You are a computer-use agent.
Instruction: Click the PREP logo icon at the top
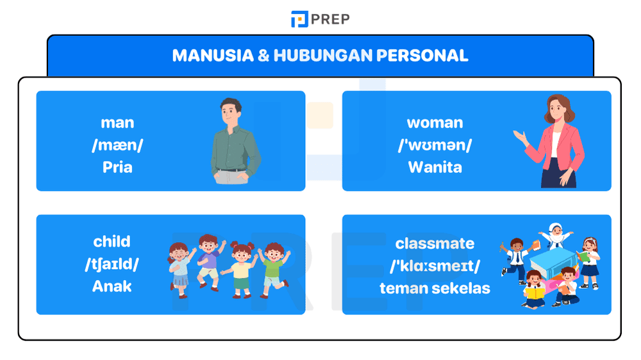pos(299,19)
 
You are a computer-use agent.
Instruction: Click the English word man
pos(117,122)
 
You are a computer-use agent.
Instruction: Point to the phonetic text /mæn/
pos(117,145)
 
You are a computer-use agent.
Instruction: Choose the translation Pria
pos(117,167)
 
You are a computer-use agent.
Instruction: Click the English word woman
pos(435,122)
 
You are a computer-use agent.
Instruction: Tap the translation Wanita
pos(435,167)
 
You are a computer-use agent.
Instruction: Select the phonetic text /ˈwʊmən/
pos(435,145)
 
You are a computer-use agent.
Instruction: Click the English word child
pos(112,241)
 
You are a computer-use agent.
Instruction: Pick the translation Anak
pos(112,286)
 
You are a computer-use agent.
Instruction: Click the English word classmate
pos(435,243)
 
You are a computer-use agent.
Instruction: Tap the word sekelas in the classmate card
pos(463,288)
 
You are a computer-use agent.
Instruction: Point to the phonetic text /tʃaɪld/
pos(112,264)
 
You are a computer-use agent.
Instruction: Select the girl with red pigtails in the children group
pos(242,259)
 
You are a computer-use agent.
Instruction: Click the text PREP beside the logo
pos(331,19)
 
